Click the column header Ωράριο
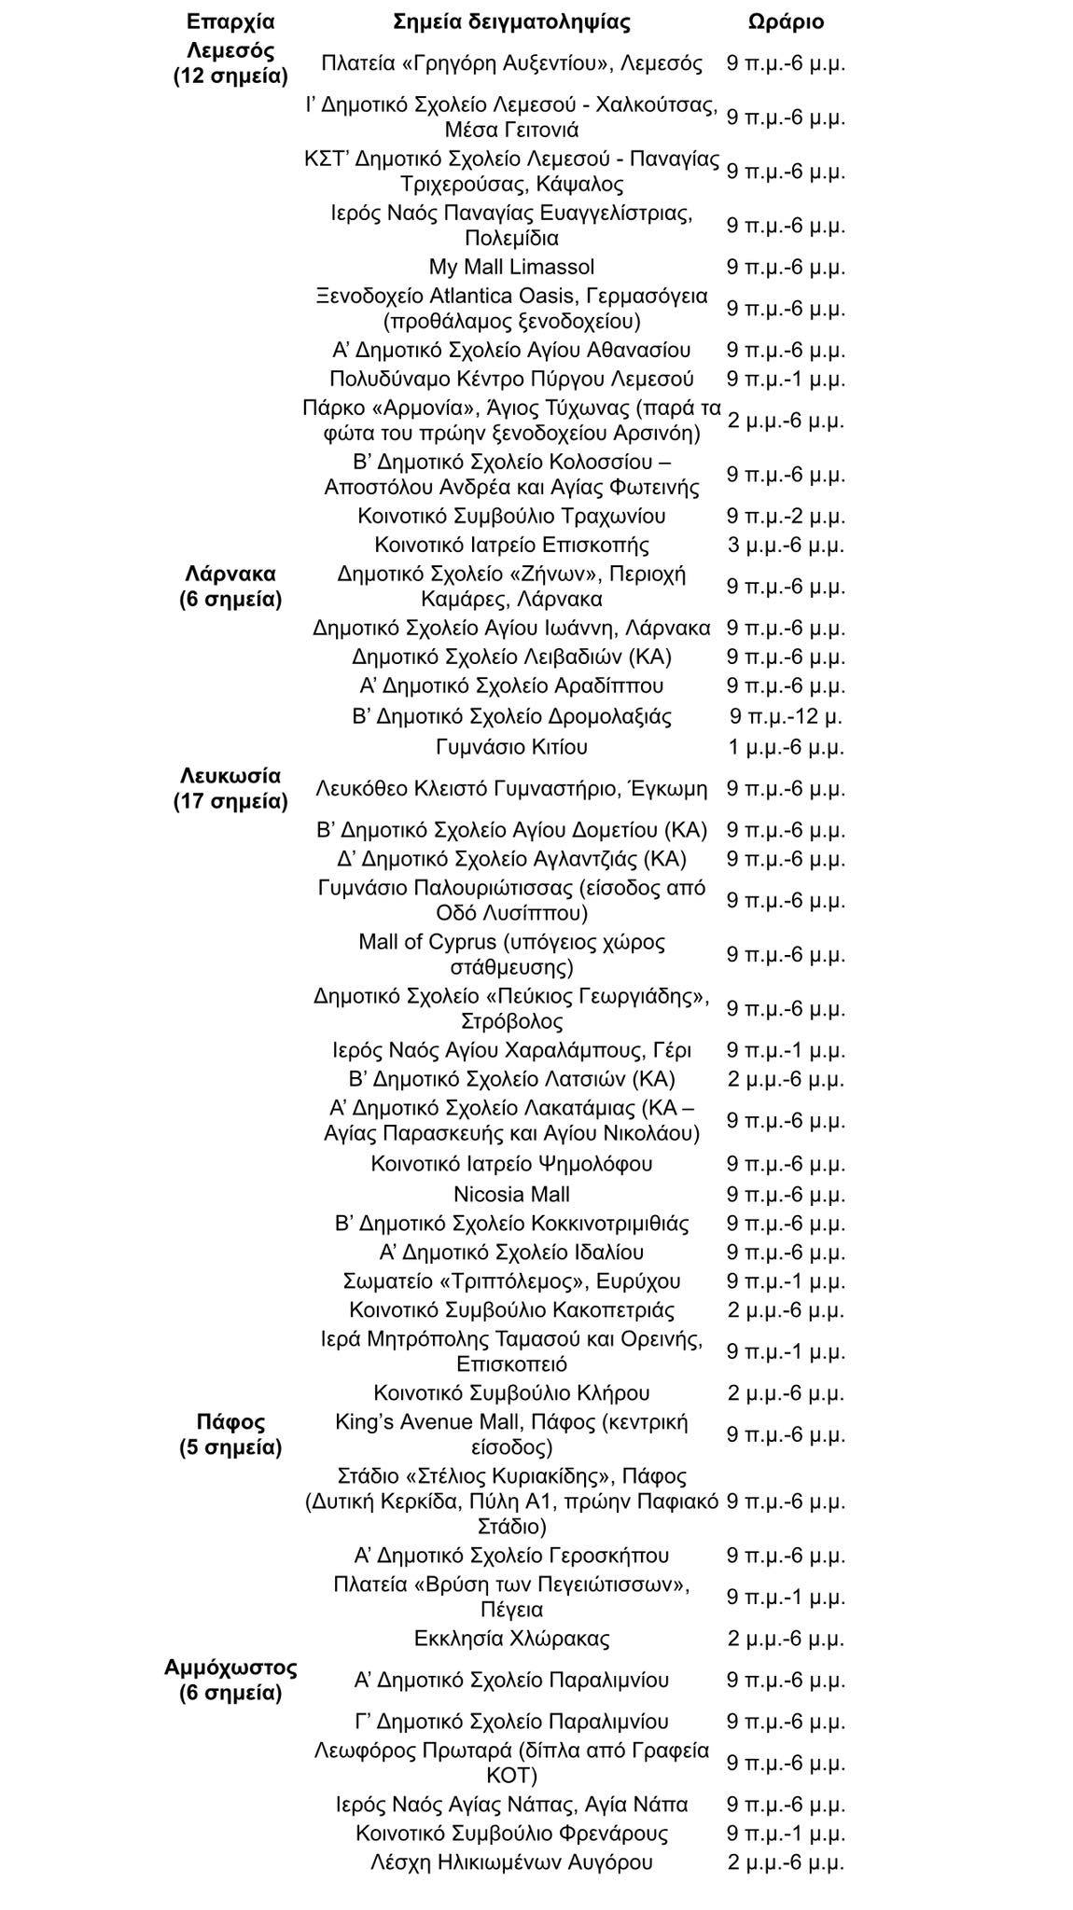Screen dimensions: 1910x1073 [x=786, y=21]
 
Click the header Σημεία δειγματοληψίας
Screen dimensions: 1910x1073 [x=511, y=21]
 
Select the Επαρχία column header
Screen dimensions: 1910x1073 [x=230, y=21]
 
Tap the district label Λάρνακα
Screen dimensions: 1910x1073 [x=230, y=573]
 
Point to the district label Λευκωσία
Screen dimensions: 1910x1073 [x=230, y=775]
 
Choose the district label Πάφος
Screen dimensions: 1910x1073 [x=230, y=1421]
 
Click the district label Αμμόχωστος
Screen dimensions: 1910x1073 [x=230, y=1667]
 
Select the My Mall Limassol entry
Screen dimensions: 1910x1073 [x=511, y=267]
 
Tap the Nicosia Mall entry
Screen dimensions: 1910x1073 [x=511, y=1194]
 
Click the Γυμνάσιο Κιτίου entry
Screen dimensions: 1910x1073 [x=511, y=747]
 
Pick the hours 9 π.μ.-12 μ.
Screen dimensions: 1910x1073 [x=786, y=716]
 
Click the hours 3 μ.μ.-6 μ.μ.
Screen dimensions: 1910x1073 [x=786, y=544]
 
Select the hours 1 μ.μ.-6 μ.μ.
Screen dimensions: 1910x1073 [x=786, y=747]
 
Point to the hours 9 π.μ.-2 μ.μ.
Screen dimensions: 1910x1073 [x=786, y=516]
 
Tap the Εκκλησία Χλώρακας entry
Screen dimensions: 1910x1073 [x=511, y=1638]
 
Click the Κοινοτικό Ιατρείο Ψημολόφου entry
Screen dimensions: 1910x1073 [x=511, y=1164]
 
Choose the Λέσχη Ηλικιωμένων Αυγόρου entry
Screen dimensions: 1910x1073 [x=511, y=1862]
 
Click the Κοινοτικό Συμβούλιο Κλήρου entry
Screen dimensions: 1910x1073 [x=511, y=1392]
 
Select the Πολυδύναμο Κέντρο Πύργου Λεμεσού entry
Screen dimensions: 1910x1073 [x=511, y=379]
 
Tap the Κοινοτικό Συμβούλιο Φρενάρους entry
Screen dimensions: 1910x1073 [x=511, y=1833]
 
